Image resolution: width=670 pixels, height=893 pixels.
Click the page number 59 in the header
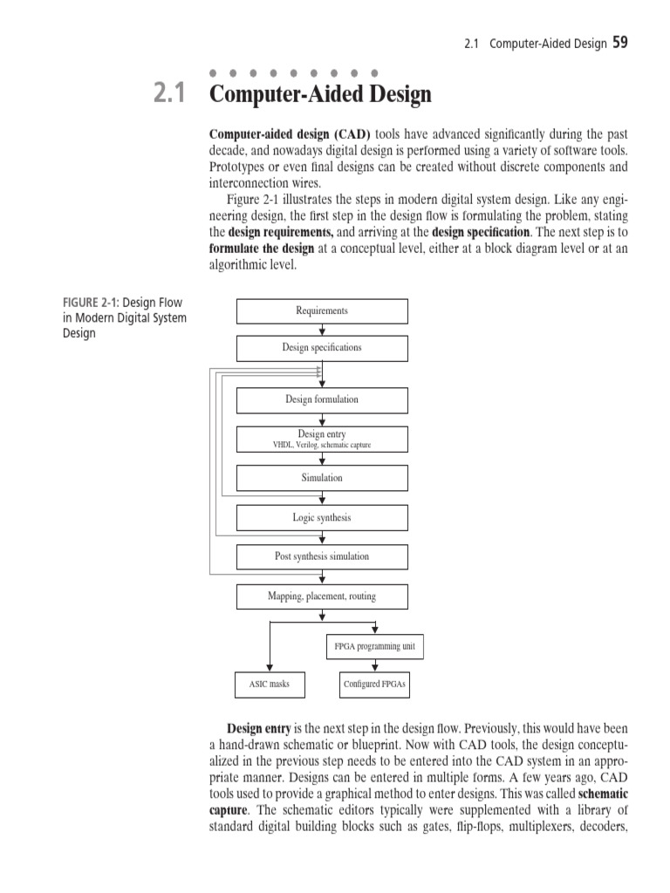619,43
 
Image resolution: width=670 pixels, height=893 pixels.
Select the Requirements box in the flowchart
322,311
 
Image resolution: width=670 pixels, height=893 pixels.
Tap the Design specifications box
322,348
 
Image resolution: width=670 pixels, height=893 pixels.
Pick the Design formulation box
322,400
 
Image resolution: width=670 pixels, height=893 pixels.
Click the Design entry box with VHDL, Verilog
322,439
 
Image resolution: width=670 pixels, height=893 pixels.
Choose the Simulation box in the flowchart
322,478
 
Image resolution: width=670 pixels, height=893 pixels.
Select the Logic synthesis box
322,518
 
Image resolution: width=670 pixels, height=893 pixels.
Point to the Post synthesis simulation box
322,556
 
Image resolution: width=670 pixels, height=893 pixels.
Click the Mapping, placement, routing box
322,596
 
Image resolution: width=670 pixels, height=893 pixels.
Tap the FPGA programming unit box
374,647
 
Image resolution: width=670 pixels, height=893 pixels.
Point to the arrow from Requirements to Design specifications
323,330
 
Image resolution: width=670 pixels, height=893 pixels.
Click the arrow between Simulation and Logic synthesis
323,498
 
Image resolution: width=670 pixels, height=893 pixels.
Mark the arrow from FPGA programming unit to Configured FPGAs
375,665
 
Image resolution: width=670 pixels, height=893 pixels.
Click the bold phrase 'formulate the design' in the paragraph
261,249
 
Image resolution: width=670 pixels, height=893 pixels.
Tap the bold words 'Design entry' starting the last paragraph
259,727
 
